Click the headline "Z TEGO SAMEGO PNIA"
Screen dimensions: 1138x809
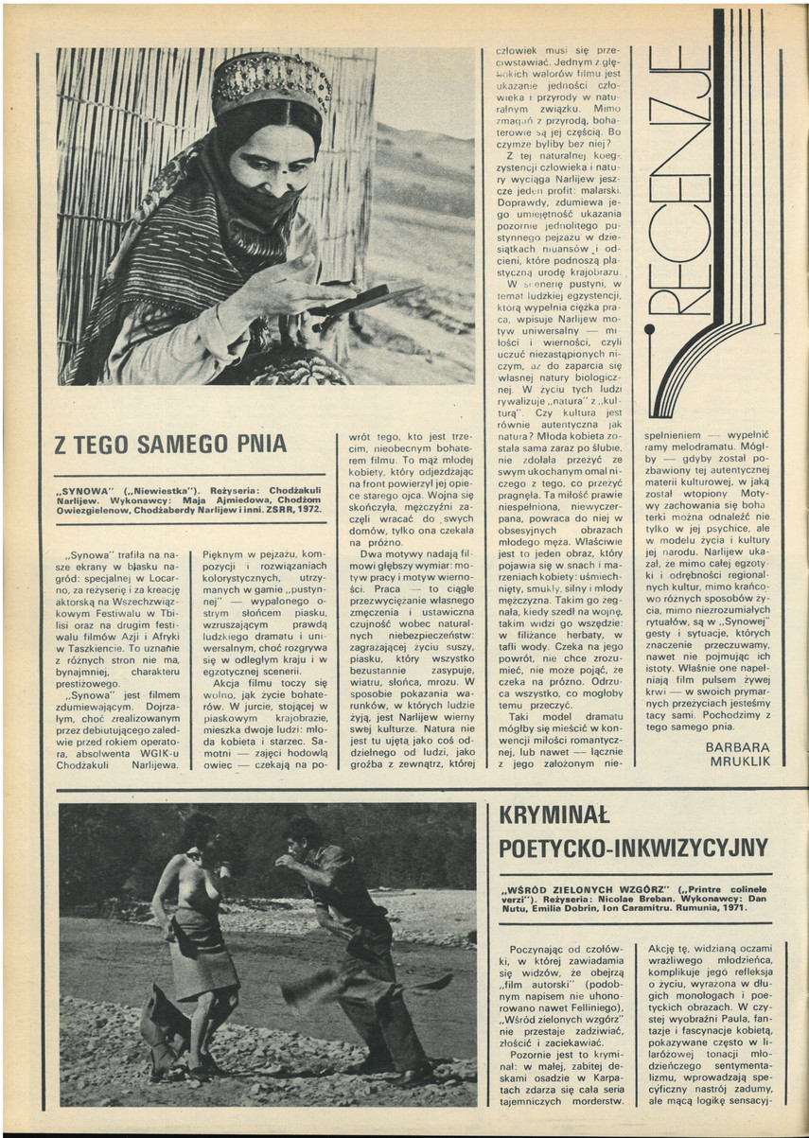171,444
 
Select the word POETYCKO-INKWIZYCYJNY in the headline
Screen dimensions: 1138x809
633,847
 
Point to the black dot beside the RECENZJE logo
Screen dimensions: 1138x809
649,330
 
